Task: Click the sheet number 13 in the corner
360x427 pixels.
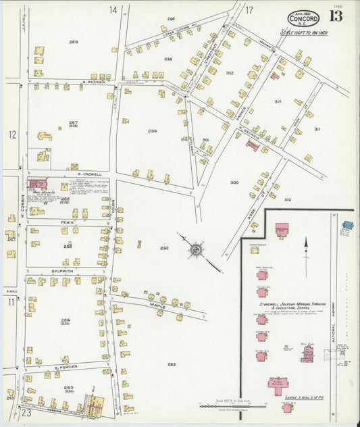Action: [x=335, y=16]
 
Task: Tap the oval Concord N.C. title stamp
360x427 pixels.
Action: [x=303, y=18]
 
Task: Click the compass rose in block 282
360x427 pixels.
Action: [x=197, y=250]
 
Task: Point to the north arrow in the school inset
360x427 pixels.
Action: [x=305, y=247]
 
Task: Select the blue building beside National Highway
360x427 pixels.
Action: [x=347, y=226]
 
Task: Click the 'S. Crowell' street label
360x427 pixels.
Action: [x=90, y=174]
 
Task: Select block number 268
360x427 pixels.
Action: [x=73, y=42]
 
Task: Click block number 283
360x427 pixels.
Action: [x=171, y=364]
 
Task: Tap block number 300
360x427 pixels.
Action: [x=234, y=182]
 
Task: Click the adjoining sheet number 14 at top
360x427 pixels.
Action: [x=113, y=9]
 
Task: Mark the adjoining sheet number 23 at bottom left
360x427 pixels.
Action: [x=26, y=412]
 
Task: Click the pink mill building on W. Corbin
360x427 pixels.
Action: [x=38, y=184]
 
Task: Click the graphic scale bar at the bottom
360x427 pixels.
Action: [x=233, y=406]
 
